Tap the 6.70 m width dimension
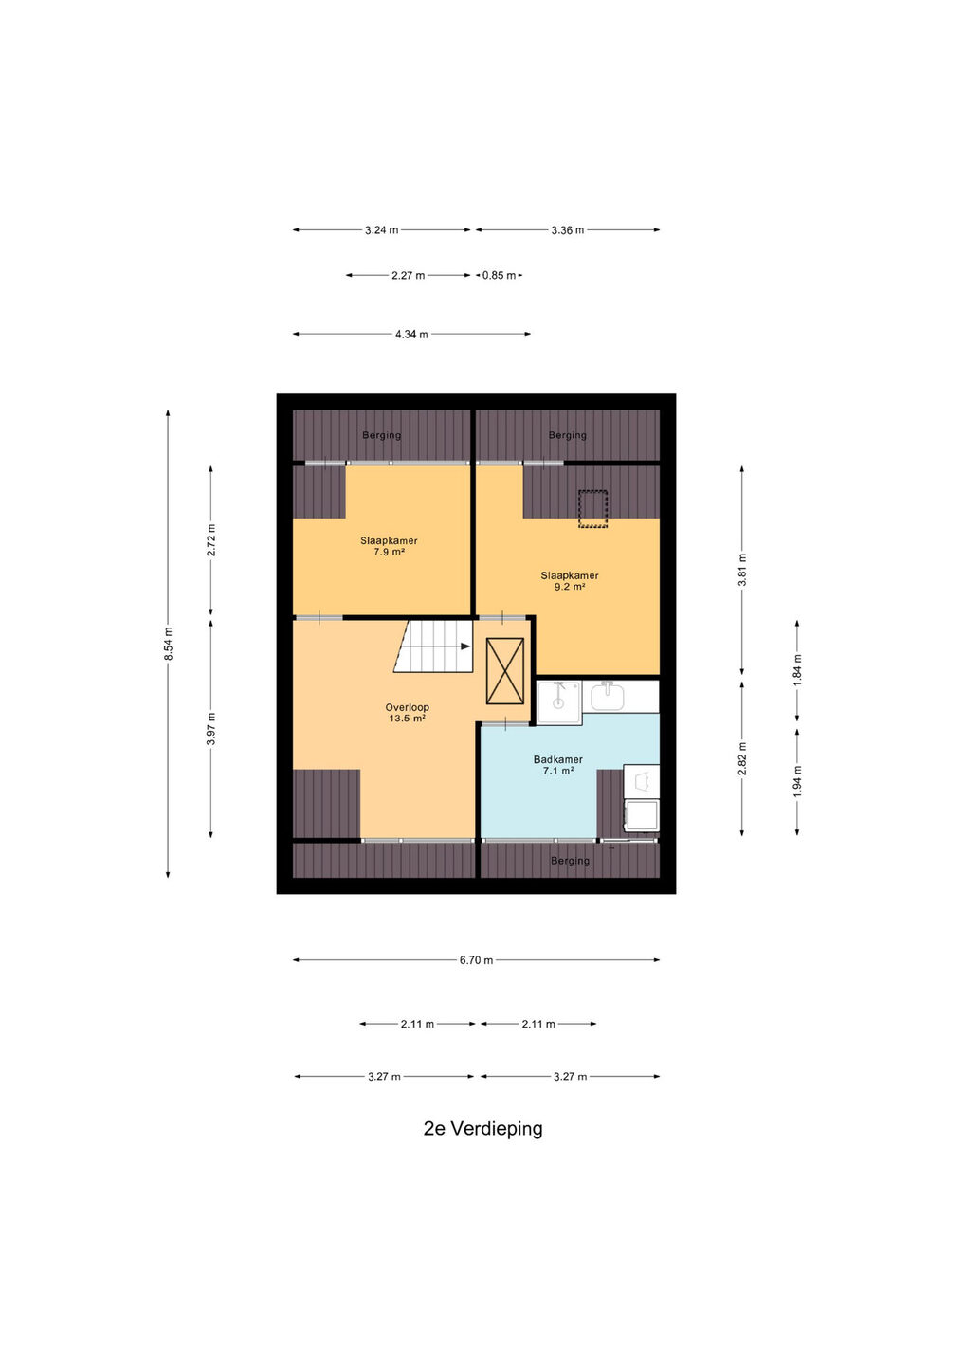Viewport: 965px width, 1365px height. click(x=477, y=959)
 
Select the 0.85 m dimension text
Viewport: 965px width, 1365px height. click(x=499, y=275)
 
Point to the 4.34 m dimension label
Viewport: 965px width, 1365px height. click(x=411, y=334)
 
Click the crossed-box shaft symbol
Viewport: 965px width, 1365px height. click(x=505, y=670)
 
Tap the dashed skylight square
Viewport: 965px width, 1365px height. click(x=592, y=508)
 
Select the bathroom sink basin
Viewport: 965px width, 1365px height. click(x=608, y=696)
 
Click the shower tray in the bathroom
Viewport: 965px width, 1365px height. click(x=559, y=702)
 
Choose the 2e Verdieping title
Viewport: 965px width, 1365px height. click(x=483, y=1129)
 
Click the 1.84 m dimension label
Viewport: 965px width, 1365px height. click(x=797, y=669)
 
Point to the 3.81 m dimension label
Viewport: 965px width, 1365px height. click(x=742, y=570)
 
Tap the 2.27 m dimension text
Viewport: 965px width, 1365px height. click(x=409, y=276)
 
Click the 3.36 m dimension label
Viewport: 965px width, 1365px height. click(x=567, y=230)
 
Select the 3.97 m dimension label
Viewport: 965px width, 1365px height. click(x=210, y=728)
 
